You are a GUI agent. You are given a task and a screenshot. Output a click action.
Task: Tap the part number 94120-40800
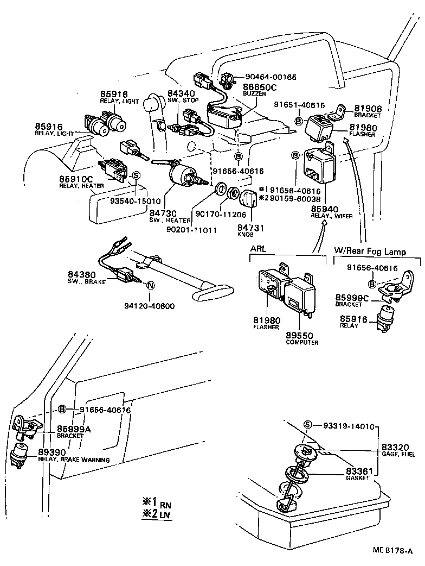point(150,306)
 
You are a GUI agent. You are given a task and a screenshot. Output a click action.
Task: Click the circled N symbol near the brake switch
point(150,286)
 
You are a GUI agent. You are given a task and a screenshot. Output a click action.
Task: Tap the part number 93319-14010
point(348,426)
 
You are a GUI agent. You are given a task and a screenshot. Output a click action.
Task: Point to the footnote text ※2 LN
point(157,514)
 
